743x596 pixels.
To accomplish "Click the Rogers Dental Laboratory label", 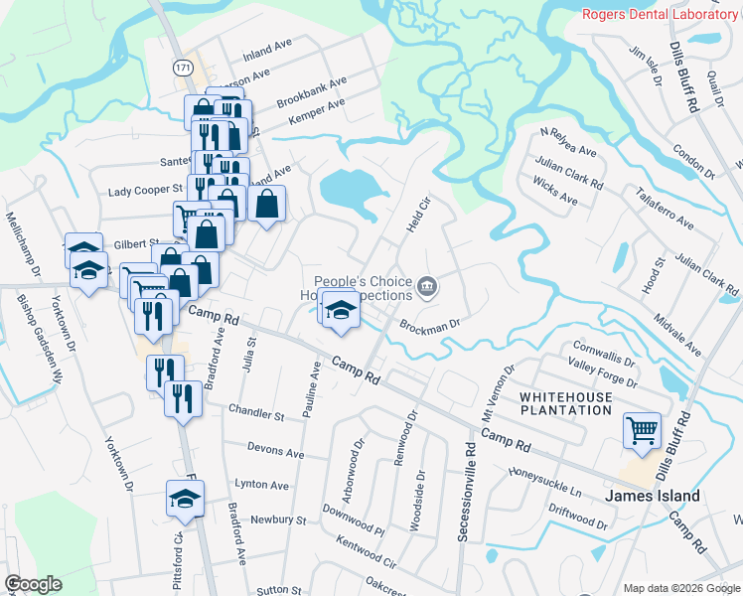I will pyautogui.click(x=660, y=14).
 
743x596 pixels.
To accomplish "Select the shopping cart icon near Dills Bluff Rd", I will pyautogui.click(x=642, y=431).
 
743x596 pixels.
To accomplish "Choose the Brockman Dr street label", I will pyautogui.click(x=430, y=325).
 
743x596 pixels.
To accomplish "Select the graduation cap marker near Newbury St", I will pyautogui.click(x=185, y=500).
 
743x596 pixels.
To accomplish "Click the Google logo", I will pyautogui.click(x=33, y=584).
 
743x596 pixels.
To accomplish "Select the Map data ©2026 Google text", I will pyautogui.click(x=681, y=588).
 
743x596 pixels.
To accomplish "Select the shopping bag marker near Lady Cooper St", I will pyautogui.click(x=269, y=205).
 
